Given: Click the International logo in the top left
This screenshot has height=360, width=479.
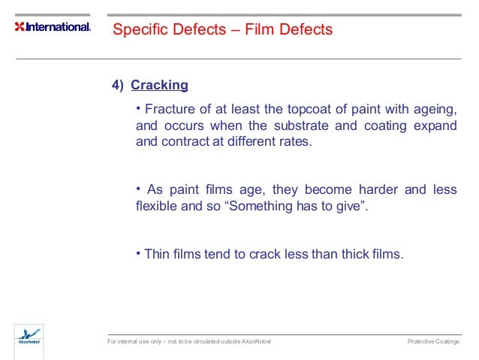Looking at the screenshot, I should pos(53,27).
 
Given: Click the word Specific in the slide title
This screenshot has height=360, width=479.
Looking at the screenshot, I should pos(137,30).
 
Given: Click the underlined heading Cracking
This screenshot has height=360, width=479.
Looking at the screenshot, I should pos(159,85).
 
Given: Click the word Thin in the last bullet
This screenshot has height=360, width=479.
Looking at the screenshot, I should pos(157,254).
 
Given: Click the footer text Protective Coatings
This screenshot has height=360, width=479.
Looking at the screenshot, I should pos(433,342).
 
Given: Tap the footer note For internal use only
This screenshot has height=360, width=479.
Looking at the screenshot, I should pos(143,342).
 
